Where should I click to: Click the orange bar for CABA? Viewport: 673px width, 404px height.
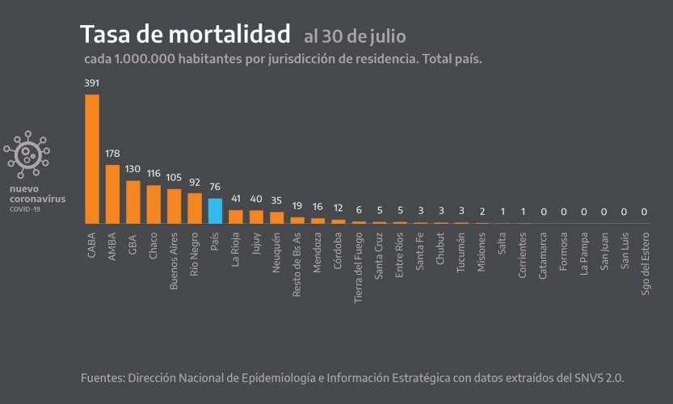point(92,158)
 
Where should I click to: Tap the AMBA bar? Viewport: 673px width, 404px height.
point(113,194)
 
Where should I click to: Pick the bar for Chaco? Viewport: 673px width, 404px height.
point(154,204)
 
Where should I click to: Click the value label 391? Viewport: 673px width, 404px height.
point(92,83)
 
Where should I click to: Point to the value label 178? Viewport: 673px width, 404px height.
point(113,154)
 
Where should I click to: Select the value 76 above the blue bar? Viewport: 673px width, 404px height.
point(215,187)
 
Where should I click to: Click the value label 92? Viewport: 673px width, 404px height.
point(195,182)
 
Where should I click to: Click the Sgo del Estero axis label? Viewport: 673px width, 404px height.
point(645,266)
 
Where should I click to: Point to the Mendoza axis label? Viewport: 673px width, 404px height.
point(318,253)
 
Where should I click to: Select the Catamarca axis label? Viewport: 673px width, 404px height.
point(543,255)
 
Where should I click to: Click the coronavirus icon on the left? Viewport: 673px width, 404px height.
point(27,154)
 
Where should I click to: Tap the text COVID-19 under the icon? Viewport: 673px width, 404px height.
point(25,209)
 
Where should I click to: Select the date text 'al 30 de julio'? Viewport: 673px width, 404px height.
point(355,36)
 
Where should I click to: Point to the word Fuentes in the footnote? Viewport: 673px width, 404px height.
point(104,378)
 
